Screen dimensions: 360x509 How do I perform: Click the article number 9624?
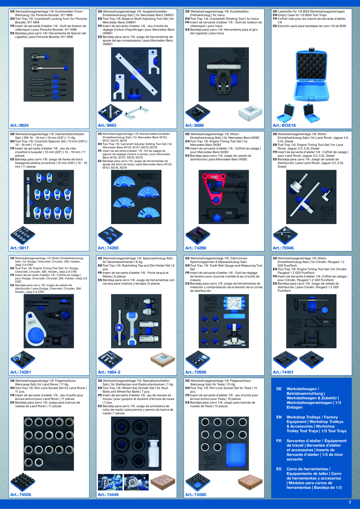[x=19, y=125]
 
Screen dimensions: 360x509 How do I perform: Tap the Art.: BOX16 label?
[x=284, y=125]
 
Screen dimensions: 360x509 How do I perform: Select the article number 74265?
[x=108, y=248]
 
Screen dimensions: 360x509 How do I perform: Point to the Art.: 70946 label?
[x=283, y=248]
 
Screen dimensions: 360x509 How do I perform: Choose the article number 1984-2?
[x=109, y=372]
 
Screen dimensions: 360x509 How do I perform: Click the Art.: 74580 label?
[x=196, y=494]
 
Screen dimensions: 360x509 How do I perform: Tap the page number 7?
[x=350, y=502]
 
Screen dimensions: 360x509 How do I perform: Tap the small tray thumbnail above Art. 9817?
[x=23, y=235]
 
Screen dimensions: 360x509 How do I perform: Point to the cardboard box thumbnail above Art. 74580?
[x=250, y=482]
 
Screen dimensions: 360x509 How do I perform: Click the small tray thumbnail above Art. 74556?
[x=23, y=482]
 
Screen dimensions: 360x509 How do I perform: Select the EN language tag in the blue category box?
[x=279, y=417]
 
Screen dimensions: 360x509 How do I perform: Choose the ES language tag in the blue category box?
[x=279, y=469]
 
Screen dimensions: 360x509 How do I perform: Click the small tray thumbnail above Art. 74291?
[x=23, y=359]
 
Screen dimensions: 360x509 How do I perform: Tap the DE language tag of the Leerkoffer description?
[x=275, y=12]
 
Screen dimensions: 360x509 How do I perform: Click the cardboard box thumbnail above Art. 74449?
[x=163, y=482]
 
